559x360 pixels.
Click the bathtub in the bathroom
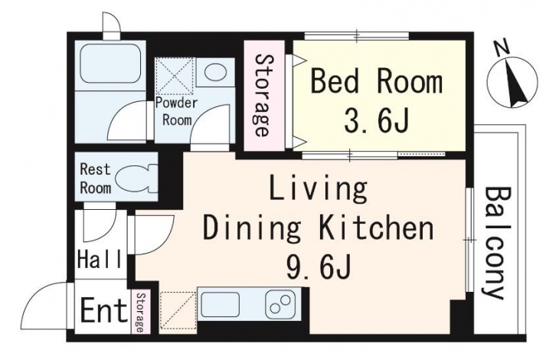pyautogui.click(x=109, y=64)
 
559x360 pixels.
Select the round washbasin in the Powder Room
pyautogui.click(x=216, y=72)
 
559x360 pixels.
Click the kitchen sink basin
pyautogui.click(x=220, y=305)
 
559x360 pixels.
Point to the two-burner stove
pyautogui.click(x=280, y=305)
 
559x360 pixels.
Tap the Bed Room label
pyautogui.click(x=377, y=83)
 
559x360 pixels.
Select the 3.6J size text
pyautogui.click(x=377, y=120)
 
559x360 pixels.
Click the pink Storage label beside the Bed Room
pyautogui.click(x=263, y=95)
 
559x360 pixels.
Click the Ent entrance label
pyautogui.click(x=104, y=310)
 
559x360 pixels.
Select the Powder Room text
pyautogui.click(x=177, y=112)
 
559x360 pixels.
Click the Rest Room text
pyautogui.click(x=95, y=178)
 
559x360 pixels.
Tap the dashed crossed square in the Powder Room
pyautogui.click(x=175, y=76)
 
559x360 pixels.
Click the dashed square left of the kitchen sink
pyautogui.click(x=178, y=311)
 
